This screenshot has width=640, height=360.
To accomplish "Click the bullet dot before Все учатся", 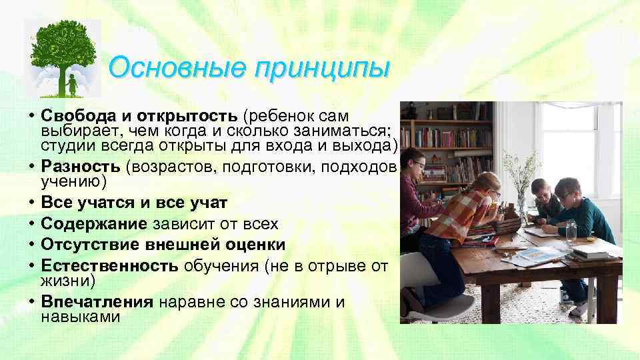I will pos(32,201).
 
